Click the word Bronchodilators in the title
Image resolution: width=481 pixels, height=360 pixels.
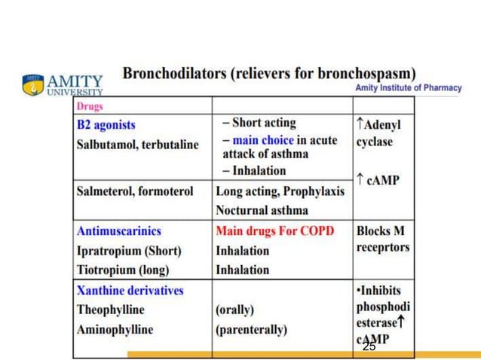coord(176,74)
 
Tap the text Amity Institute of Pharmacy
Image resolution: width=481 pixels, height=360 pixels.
coord(408,88)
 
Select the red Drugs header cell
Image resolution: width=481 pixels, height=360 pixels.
coord(90,106)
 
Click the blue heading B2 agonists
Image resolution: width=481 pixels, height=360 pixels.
coord(106,124)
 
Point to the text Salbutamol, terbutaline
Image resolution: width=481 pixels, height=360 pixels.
coord(138,144)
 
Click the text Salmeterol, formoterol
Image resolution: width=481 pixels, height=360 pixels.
coord(135,191)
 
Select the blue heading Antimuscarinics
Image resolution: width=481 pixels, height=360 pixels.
coord(118,231)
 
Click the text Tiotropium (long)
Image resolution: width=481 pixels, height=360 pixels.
coord(123,270)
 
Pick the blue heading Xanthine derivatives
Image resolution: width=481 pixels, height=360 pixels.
coord(130,290)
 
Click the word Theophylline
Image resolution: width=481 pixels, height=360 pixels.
coord(110,310)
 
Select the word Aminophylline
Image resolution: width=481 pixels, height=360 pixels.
coord(115,329)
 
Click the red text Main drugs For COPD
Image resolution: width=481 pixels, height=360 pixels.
coord(274,231)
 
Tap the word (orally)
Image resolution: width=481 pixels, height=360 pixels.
coord(234,310)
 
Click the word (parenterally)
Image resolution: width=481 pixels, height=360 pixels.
coord(251,329)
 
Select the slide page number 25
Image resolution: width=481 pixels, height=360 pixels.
coord(369,346)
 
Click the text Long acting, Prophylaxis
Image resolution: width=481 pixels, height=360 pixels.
coord(280,191)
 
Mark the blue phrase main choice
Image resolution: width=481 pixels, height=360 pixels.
coord(262,141)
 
